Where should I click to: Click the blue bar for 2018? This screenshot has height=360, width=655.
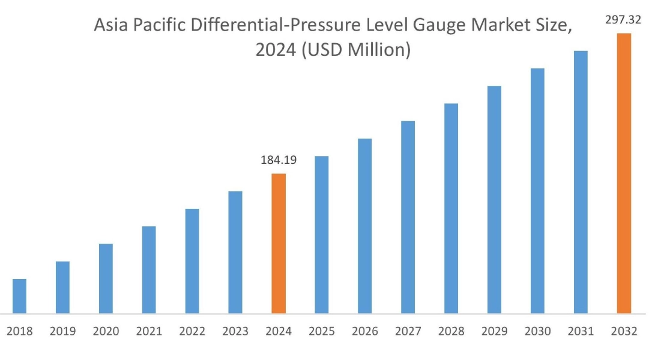point(19,296)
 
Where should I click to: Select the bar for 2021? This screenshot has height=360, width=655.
point(149,269)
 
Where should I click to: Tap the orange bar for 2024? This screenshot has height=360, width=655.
point(279,243)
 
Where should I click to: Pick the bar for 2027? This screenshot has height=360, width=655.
point(408,217)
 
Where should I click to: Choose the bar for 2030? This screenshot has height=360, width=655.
point(537,190)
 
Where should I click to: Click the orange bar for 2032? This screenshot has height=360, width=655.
point(624,173)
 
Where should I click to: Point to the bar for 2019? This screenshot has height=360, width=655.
point(62,287)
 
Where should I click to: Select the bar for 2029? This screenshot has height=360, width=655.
point(494,199)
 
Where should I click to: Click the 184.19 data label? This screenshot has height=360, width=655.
point(279,160)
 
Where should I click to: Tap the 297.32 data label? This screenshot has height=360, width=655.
point(624,20)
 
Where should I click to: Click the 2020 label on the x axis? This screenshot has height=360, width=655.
point(106,331)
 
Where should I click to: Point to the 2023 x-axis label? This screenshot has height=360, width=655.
point(235,331)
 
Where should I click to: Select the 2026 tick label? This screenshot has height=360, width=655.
point(365,331)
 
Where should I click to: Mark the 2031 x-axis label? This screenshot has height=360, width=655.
point(581,331)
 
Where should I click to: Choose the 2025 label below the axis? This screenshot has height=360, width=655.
point(322,331)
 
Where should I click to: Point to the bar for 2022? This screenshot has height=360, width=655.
point(192,260)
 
